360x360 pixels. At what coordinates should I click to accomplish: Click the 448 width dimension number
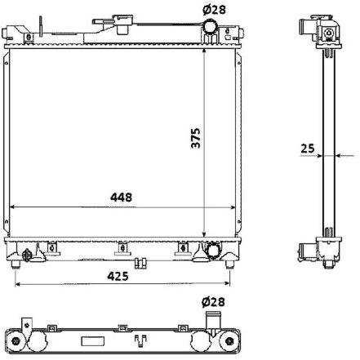121,197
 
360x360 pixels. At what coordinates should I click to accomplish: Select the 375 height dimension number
196,138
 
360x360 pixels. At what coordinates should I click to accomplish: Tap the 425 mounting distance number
118,277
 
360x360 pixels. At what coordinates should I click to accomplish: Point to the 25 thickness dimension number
308,149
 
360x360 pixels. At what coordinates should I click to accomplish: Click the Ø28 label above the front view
214,10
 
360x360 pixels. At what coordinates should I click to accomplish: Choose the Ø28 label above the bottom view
213,302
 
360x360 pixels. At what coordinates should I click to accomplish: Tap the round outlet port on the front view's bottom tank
213,250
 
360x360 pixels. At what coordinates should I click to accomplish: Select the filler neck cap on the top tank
124,20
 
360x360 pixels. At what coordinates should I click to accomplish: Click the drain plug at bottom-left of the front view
27,255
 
